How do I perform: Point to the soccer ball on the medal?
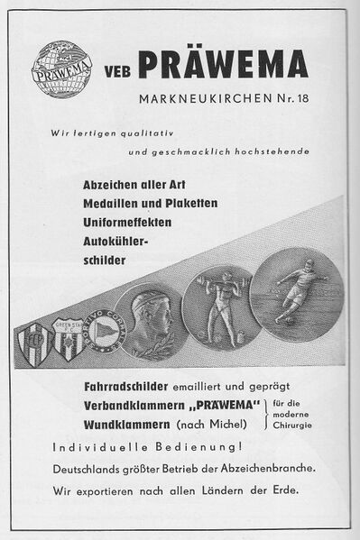pos(274,316)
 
